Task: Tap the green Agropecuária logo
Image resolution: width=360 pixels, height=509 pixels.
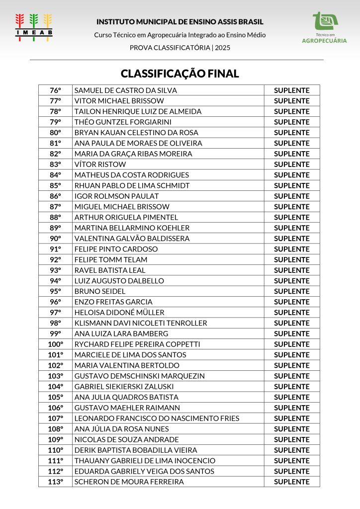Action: coord(324,28)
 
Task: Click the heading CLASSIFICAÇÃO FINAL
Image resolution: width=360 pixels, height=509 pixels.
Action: coord(180,74)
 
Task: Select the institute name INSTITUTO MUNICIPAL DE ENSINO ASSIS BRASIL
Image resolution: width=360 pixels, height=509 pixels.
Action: coord(180,22)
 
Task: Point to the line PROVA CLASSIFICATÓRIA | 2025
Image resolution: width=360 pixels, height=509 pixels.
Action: coord(180,48)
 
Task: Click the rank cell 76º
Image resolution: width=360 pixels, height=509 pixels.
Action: coord(55,90)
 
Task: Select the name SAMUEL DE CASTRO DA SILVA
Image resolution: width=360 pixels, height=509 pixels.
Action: coord(125,90)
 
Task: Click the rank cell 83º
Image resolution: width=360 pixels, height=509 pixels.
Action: coord(55,164)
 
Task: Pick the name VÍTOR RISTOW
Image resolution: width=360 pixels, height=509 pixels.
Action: coord(100,164)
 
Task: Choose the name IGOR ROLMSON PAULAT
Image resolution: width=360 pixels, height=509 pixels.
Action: coord(116,196)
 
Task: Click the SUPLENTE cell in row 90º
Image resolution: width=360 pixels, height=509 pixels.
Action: coord(291,239)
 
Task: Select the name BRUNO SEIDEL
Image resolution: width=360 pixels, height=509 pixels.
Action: coord(99,291)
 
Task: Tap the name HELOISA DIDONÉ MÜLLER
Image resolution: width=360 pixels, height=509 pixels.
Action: coord(119,312)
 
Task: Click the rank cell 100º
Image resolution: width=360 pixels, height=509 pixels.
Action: coord(55,344)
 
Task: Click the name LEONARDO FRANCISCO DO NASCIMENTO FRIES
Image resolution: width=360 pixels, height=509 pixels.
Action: coord(157,418)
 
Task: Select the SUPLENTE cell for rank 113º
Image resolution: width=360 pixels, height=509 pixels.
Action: coord(291,482)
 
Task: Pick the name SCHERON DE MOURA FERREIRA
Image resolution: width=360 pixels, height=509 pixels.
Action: coord(129,482)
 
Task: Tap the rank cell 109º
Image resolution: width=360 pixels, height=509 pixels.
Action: coord(55,439)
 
